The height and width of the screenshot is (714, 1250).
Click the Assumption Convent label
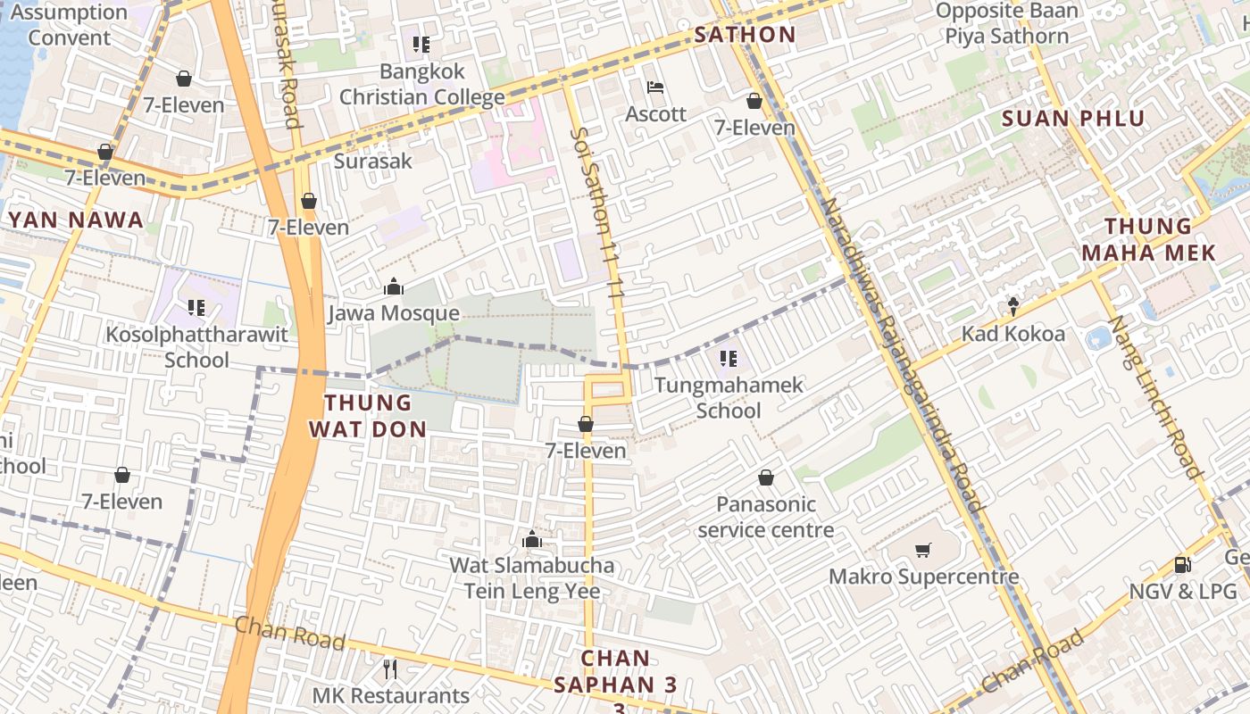click(69, 25)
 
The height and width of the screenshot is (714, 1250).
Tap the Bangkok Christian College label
click(421, 84)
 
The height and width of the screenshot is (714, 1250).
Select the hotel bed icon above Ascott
click(655, 87)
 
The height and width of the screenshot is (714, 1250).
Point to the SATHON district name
click(745, 36)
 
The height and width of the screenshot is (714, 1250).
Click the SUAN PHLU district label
click(1072, 119)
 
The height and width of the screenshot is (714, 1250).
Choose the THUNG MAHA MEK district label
click(1148, 239)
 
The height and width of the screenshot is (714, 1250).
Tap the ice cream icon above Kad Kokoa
click(1013, 307)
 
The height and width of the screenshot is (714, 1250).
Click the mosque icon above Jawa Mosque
click(393, 286)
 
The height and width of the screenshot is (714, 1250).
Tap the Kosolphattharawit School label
click(196, 347)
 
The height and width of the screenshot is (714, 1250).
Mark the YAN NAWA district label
click(76, 220)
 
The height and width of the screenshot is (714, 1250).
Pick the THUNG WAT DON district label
click(367, 416)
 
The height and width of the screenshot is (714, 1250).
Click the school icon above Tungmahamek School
click(729, 359)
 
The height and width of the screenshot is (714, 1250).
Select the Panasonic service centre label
click(766, 517)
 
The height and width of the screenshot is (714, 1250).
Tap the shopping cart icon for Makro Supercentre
click(923, 550)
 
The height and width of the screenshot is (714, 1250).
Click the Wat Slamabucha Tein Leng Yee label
click(532, 577)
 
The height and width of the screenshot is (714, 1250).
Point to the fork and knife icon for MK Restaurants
click(389, 668)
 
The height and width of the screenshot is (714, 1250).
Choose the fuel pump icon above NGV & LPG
click(1182, 564)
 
